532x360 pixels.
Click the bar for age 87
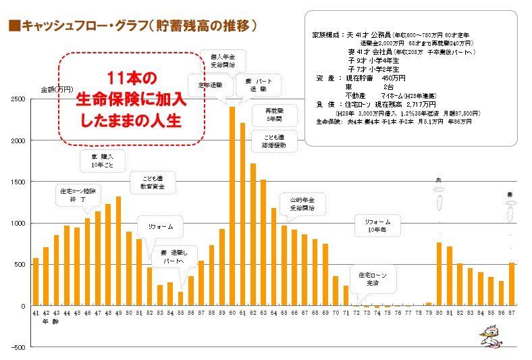511,284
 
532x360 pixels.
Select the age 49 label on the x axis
118,313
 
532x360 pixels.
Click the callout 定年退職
210,86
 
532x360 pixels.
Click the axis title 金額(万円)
56,89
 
